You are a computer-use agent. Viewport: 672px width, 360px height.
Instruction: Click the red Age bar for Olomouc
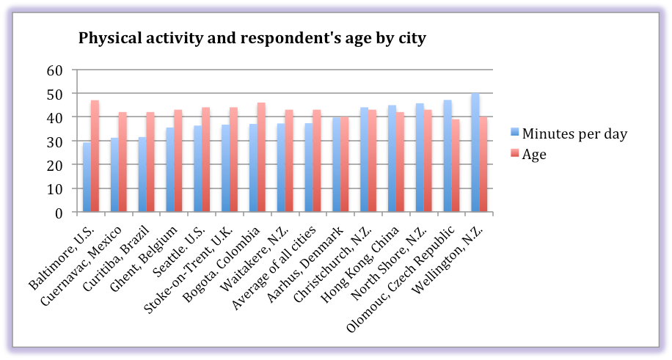tap(456, 166)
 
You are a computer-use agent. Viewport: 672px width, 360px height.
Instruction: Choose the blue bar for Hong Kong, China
tap(392, 159)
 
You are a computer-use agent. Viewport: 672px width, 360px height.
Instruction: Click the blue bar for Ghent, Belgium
tap(170, 170)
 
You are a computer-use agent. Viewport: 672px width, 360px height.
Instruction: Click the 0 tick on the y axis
tap(59, 213)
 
